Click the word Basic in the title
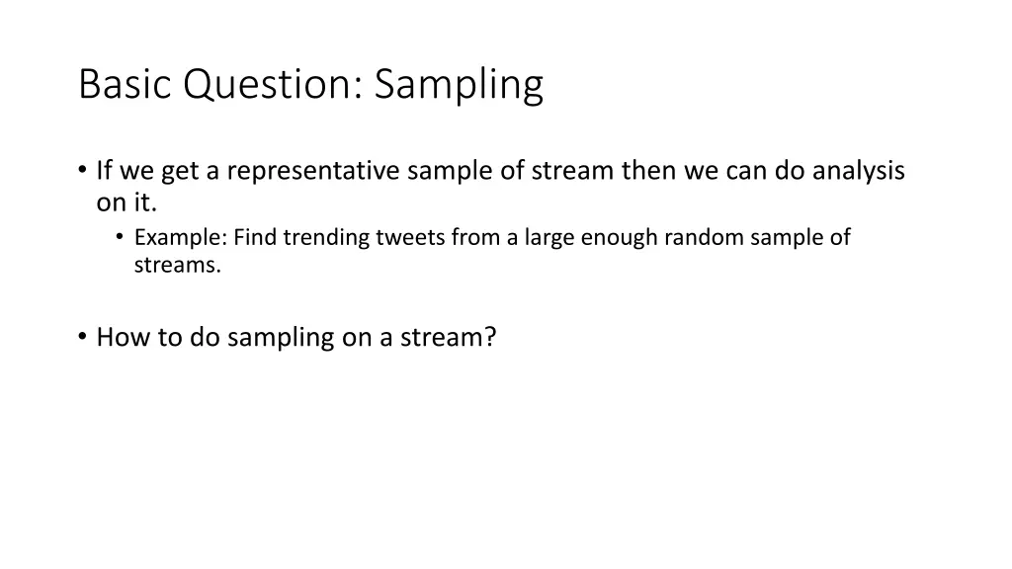[126, 85]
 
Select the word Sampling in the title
[459, 85]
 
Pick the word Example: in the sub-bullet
[181, 237]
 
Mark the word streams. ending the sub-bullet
[178, 265]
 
